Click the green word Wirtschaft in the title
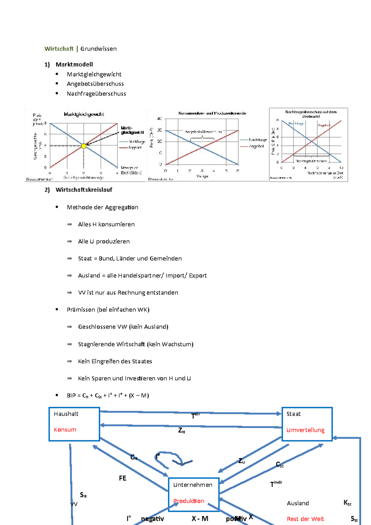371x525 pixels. pyautogui.click(x=59, y=49)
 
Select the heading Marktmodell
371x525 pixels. pyautogui.click(x=74, y=64)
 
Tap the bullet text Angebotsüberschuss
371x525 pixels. pyautogui.click(x=95, y=84)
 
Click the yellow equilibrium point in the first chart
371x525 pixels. pyautogui.click(x=83, y=146)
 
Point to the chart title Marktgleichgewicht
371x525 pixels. pyautogui.click(x=84, y=114)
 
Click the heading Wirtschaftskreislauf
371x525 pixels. pyautogui.click(x=84, y=190)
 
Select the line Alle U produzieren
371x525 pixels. pyautogui.click(x=104, y=241)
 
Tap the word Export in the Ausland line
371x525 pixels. pyautogui.click(x=198, y=275)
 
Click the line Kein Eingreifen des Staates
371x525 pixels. pyautogui.click(x=115, y=361)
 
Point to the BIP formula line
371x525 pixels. pyautogui.click(x=108, y=395)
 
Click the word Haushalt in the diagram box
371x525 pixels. pyautogui.click(x=66, y=414)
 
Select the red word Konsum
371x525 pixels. pyautogui.click(x=65, y=429)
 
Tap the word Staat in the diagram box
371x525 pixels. pyautogui.click(x=293, y=414)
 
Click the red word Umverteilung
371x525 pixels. pyautogui.click(x=305, y=430)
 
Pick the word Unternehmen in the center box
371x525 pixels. pyautogui.click(x=193, y=485)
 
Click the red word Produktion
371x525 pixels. pyautogui.click(x=189, y=501)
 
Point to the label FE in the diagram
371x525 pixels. pyautogui.click(x=122, y=478)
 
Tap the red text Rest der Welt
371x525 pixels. pyautogui.click(x=305, y=519)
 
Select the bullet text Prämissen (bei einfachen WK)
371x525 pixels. pyautogui.click(x=108, y=310)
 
